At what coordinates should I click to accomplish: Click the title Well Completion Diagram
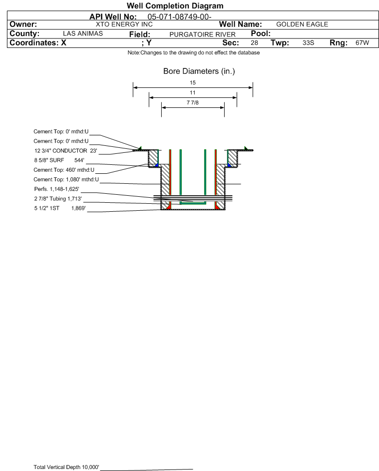click(x=175, y=5)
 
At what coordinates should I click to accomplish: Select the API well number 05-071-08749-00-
click(x=179, y=17)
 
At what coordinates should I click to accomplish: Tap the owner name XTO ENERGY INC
click(x=124, y=24)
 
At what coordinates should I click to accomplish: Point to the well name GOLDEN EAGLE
click(x=302, y=24)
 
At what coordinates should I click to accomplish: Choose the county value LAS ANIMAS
click(x=83, y=33)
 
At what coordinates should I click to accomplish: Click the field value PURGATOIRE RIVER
click(x=202, y=34)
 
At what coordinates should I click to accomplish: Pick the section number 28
click(x=254, y=42)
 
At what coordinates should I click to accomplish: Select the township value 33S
click(x=308, y=42)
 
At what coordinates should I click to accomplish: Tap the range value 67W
click(x=362, y=42)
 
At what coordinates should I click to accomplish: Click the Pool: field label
click(x=261, y=33)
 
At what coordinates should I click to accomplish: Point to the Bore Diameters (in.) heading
click(x=199, y=71)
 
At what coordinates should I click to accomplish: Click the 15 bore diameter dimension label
click(x=193, y=82)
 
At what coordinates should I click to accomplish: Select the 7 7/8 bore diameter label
click(x=193, y=103)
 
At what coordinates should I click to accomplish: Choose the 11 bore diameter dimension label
click(x=193, y=92)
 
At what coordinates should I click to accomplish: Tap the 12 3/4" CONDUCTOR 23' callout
click(x=66, y=151)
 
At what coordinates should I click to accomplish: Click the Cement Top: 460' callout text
click(x=64, y=170)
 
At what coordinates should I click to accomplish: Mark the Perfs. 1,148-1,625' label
click(x=57, y=189)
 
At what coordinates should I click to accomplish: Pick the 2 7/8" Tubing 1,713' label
click(x=58, y=199)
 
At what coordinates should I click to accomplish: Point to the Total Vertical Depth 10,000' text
click(x=66, y=467)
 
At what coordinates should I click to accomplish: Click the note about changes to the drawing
click(x=194, y=53)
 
